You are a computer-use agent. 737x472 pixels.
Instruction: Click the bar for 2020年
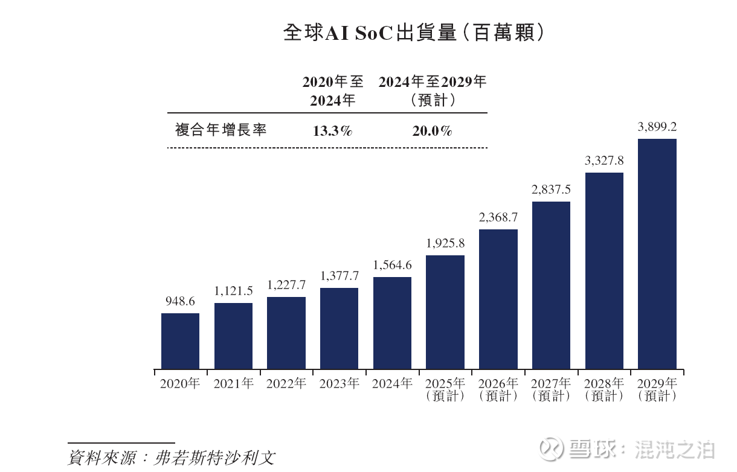[180, 341]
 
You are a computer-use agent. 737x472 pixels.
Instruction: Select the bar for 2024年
[392, 323]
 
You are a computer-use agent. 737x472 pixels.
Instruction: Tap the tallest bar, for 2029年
[657, 254]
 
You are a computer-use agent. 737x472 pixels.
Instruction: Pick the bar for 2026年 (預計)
[498, 299]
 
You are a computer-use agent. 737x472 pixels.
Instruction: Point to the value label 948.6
[180, 301]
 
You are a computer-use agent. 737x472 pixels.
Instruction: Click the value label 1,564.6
[392, 265]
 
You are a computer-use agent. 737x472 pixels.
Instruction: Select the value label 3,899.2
[657, 127]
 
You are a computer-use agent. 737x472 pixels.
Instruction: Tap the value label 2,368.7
[498, 217]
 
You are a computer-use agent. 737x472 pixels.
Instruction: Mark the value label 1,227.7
[286, 285]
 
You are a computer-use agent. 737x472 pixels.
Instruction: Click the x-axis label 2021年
[233, 383]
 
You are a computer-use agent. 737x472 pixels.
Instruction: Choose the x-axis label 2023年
[339, 383]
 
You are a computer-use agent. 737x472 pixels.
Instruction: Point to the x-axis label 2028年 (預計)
[604, 389]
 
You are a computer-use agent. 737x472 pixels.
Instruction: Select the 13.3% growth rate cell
[332, 130]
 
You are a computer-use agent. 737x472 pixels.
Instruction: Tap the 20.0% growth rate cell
[432, 130]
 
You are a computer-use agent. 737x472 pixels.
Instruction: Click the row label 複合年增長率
[220, 130]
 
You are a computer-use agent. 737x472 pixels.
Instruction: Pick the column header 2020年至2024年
[333, 91]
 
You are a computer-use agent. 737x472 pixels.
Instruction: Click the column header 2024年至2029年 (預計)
[433, 91]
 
